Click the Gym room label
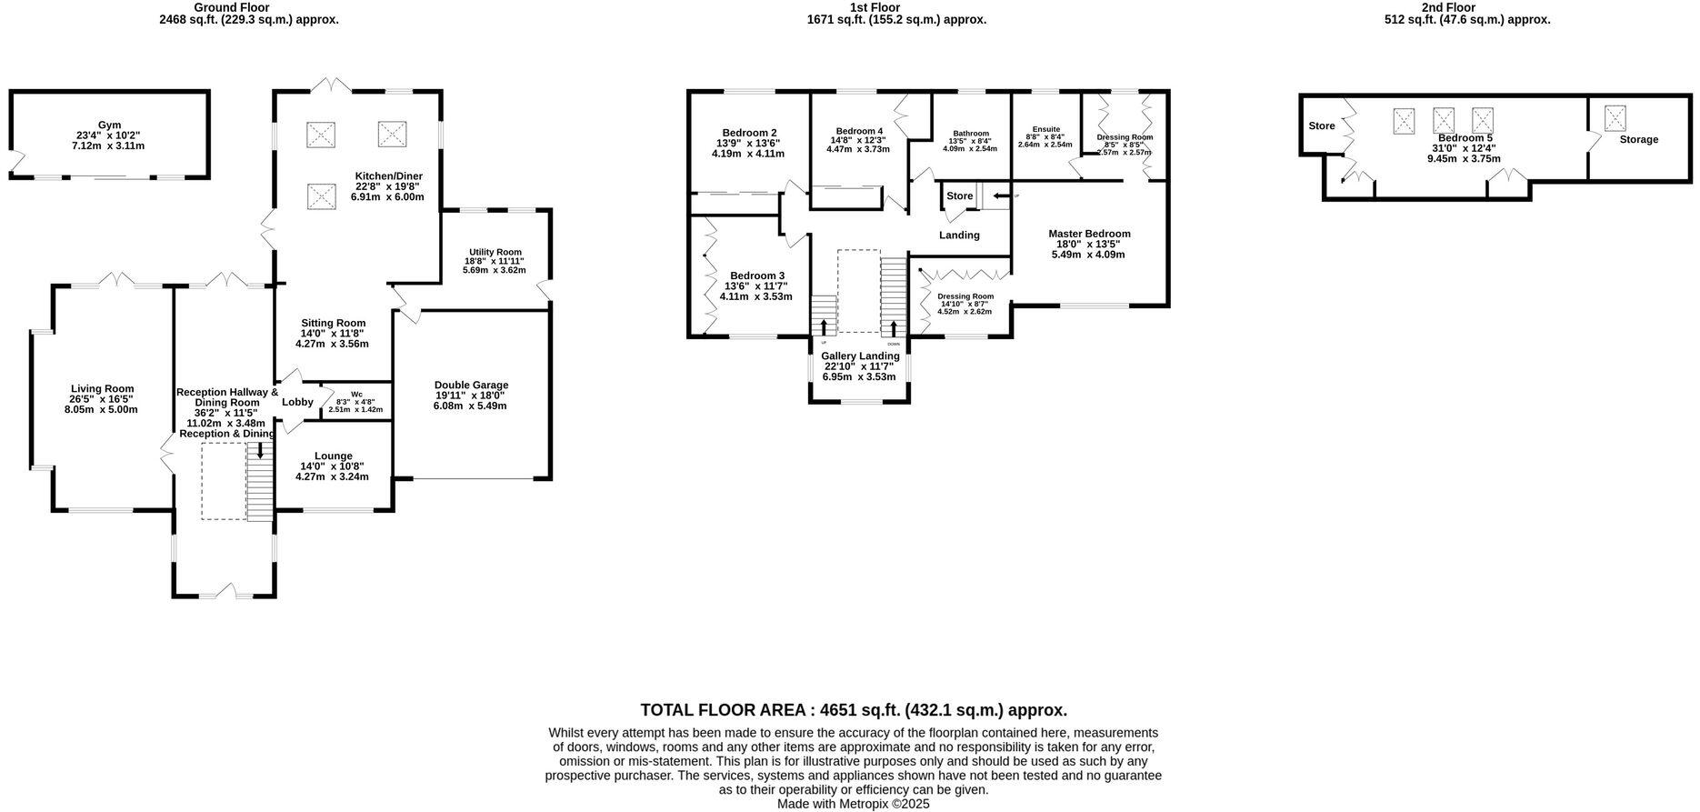pos(109,125)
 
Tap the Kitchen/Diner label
pos(388,176)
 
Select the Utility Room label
pos(495,252)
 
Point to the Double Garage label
pos(471,385)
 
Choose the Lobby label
pos(297,402)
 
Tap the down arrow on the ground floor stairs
pos(260,451)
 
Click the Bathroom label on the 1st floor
pos(971,134)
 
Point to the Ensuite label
pos(1045,129)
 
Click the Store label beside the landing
pos(959,196)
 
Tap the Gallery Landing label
pos(859,356)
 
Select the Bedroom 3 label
pos(756,276)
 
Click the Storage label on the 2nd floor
pos(1638,139)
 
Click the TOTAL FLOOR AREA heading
pos(854,710)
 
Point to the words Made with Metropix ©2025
pos(853,804)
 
